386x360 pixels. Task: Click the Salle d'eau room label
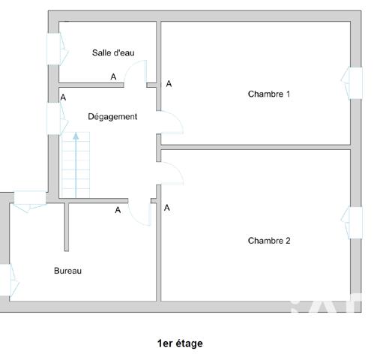113,52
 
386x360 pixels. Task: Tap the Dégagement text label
112,116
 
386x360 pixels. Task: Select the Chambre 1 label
269,94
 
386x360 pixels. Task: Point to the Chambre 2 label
269,241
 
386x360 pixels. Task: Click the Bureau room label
67,271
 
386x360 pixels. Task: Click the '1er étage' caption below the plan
180,343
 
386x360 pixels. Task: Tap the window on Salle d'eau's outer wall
55,49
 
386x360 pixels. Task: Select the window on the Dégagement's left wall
55,118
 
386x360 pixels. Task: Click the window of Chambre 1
352,82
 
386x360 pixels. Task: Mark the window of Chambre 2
352,223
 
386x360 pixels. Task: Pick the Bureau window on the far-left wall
7,280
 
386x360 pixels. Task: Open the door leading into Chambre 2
170,174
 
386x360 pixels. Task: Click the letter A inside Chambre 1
169,84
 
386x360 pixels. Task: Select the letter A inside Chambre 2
166,208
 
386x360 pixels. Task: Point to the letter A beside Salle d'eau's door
114,76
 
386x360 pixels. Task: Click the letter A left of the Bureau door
118,211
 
